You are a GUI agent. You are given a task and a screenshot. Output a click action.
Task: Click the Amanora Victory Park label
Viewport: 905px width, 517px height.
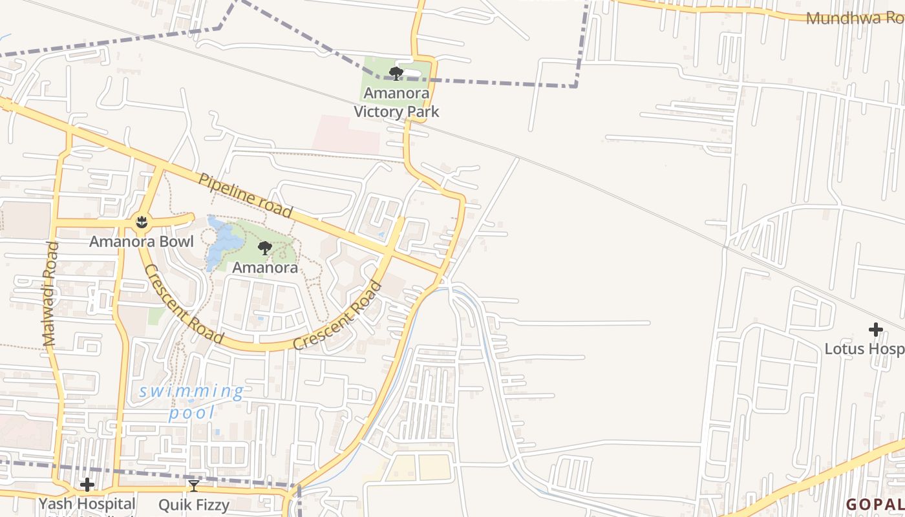[396, 103]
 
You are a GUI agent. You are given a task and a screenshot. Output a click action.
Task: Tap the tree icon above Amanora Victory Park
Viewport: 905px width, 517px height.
[396, 73]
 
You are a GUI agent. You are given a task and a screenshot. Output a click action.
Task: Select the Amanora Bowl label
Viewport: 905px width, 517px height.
[141, 242]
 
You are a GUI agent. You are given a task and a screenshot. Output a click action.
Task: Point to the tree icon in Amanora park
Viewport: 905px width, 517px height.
[264, 248]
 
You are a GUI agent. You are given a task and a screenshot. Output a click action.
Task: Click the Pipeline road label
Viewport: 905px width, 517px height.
[246, 195]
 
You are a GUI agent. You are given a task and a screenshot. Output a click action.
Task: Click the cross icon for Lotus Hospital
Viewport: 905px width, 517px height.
[875, 330]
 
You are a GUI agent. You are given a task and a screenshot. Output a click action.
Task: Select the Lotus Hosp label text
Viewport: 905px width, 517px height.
[864, 349]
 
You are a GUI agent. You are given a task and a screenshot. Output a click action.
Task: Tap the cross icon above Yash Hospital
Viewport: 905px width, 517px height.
[87, 485]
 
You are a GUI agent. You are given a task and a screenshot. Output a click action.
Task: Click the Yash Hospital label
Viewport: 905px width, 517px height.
[87, 503]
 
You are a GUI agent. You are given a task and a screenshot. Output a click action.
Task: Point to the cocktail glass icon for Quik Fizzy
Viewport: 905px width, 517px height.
[193, 485]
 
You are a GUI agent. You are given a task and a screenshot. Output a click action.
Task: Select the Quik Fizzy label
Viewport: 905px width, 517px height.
[194, 504]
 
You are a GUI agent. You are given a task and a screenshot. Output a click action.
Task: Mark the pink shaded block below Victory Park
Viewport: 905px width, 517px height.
[346, 134]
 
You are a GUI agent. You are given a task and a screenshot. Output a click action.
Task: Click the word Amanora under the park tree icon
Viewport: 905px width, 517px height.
[265, 267]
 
